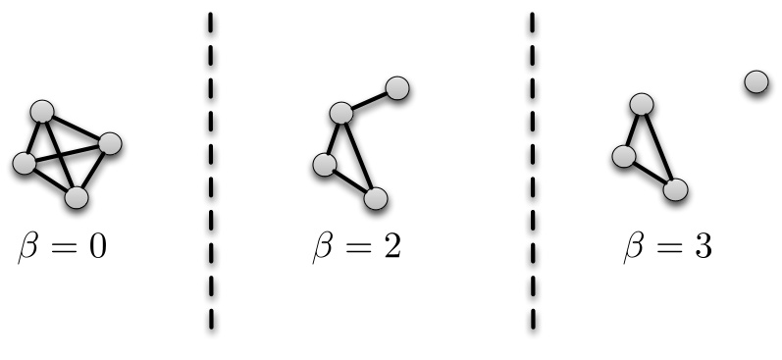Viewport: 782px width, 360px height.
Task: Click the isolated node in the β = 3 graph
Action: tap(756, 82)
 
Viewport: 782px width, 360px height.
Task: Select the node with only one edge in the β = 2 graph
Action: tap(397, 88)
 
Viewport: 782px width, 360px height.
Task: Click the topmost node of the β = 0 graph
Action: tap(41, 111)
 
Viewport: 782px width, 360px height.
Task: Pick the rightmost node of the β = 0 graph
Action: tap(109, 143)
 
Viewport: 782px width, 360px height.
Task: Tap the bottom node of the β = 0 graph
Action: tap(77, 198)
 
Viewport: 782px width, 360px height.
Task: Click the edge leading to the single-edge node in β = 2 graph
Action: tap(369, 100)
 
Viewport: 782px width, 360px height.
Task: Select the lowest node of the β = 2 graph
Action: tap(375, 198)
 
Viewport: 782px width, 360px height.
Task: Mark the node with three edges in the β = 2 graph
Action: tap(340, 113)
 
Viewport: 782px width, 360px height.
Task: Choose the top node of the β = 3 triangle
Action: tap(642, 104)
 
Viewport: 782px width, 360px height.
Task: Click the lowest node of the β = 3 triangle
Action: tap(674, 189)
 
